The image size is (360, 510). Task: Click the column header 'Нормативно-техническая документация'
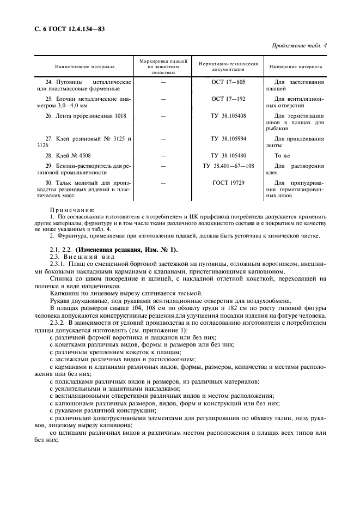click(228, 67)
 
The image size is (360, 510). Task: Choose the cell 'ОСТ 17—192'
click(228, 99)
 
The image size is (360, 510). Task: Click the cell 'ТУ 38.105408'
click(228, 116)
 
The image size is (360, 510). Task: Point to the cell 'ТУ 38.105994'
click(228, 139)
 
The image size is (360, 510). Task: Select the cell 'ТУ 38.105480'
click(228, 155)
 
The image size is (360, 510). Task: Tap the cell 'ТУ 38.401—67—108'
click(228, 166)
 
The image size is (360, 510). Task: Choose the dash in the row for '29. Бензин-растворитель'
click(163, 166)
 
